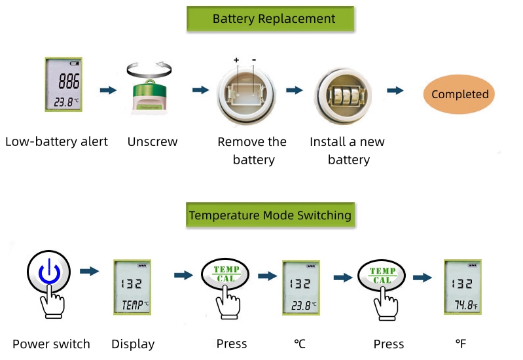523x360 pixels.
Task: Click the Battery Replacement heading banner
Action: point(270,19)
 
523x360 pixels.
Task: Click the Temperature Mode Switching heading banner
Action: point(270,215)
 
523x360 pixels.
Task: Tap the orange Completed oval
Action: point(460,94)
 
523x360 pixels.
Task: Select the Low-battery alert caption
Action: point(56,141)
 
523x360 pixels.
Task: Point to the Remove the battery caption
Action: point(252,151)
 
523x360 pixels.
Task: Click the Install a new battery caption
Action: point(348,151)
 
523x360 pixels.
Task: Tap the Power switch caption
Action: point(51,344)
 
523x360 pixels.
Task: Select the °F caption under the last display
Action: point(461,344)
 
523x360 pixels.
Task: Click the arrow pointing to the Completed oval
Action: point(395,90)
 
